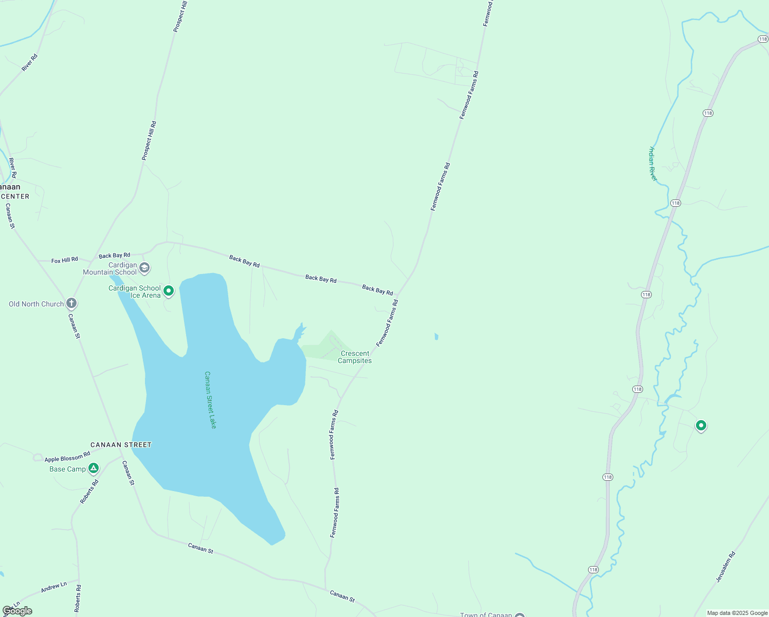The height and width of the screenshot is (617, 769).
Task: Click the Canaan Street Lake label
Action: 210,400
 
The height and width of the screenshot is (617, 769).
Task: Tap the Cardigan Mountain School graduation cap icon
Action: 145,267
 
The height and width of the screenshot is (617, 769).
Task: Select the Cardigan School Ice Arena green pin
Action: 168,291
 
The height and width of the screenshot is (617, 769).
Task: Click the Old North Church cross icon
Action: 71,303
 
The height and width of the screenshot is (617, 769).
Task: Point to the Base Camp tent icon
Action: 93,468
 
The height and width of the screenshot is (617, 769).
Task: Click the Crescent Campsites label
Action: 355,357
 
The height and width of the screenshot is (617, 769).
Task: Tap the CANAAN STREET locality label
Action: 121,445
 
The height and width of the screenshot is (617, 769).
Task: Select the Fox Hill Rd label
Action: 65,260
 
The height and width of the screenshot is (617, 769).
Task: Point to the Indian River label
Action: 652,164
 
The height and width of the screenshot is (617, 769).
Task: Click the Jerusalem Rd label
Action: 726,567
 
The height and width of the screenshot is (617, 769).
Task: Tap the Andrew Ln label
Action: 54,587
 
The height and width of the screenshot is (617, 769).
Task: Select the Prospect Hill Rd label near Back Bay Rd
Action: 149,141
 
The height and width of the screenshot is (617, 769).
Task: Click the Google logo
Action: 17,611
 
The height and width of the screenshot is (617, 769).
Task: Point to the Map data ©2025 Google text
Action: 737,613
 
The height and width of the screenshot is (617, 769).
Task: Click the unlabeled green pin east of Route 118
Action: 701,425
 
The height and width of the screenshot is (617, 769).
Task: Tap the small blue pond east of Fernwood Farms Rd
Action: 436,337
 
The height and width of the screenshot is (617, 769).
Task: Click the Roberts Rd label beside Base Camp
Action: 89,492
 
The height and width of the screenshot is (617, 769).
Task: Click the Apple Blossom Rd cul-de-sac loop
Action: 38,457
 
